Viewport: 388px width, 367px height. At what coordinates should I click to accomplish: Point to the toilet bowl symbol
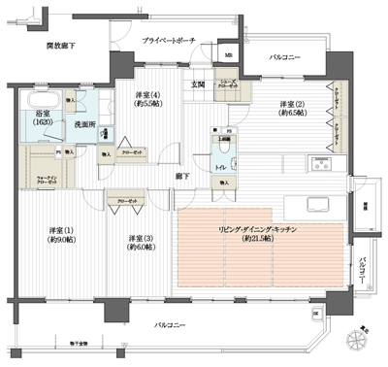[x=223, y=147]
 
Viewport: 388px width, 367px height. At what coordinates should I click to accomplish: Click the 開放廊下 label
[x=61, y=45]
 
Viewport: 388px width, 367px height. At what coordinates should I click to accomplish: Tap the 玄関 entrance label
[x=197, y=85]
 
